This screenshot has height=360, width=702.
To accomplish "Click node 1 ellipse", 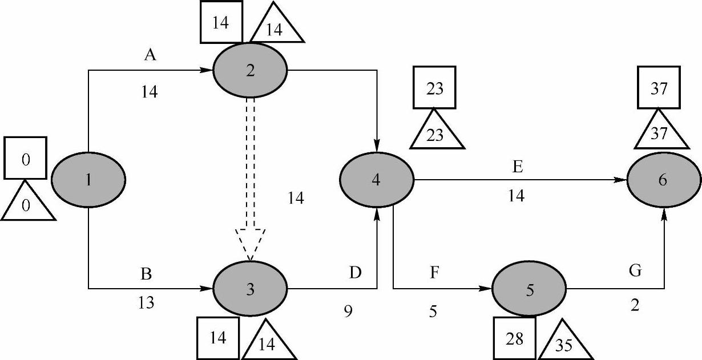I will click(x=88, y=180).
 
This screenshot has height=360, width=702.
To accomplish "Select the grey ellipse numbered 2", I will click(x=250, y=71).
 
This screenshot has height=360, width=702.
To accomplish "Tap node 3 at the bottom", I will click(x=250, y=289).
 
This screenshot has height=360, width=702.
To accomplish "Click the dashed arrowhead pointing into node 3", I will click(x=250, y=242).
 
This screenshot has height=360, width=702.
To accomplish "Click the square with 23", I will click(x=434, y=90).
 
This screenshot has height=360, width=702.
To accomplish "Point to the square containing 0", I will click(x=25, y=158).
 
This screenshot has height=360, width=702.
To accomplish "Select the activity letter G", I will click(x=635, y=272).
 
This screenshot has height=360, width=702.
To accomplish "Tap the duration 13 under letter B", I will click(x=146, y=303).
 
